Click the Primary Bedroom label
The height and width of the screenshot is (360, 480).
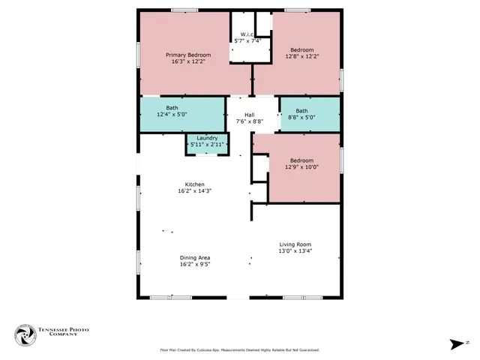coord(188,55)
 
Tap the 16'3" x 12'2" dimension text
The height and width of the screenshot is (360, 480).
coord(188,61)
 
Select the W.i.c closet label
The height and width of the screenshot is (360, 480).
coord(247,34)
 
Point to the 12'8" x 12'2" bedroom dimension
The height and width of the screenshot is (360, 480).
coord(301,55)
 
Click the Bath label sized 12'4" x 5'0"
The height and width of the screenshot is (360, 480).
coord(172,108)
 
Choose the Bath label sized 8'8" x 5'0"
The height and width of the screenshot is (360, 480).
coord(301,111)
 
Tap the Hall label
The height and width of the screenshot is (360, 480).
coord(249,114)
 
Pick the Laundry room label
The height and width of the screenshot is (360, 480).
coord(207,138)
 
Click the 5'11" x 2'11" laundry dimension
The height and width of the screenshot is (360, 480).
coord(207,144)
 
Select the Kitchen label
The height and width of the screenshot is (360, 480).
coord(195,184)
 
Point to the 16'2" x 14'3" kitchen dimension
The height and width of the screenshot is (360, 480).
coord(195,191)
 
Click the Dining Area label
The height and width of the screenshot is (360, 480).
coord(195,257)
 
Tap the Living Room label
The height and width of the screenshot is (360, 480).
coord(295,244)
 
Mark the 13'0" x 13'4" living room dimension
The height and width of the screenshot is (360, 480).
coord(295,251)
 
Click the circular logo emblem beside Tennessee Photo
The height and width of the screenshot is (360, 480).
coord(25,334)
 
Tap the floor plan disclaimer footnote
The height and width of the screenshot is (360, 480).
coord(239,349)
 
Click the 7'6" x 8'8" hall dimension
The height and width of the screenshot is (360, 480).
coord(249,121)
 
